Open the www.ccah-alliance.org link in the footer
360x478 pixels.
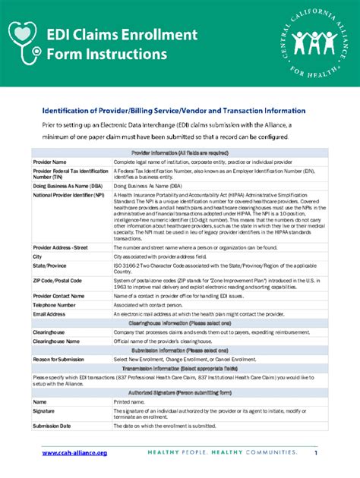coord(74,452)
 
